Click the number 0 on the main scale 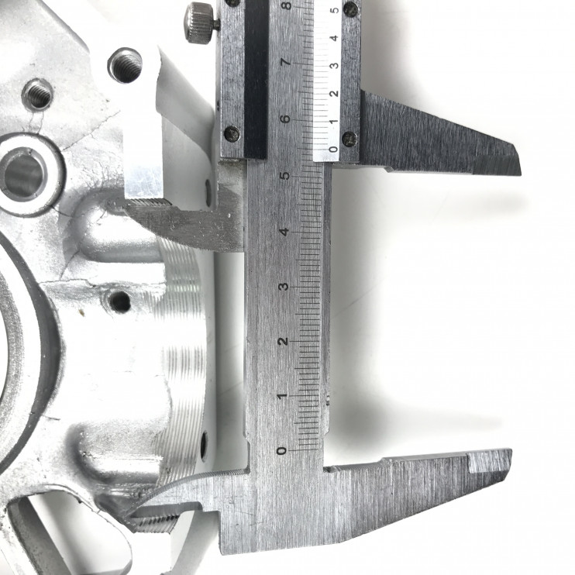pos(281,450)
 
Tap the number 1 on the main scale pos(281,396)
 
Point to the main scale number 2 pos(282,341)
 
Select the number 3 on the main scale pos(283,287)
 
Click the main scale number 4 pos(284,232)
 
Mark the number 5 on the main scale pos(284,175)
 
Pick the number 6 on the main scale pos(285,119)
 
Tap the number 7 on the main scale pos(286,62)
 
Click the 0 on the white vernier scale pos(333,150)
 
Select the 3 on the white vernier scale pos(334,66)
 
